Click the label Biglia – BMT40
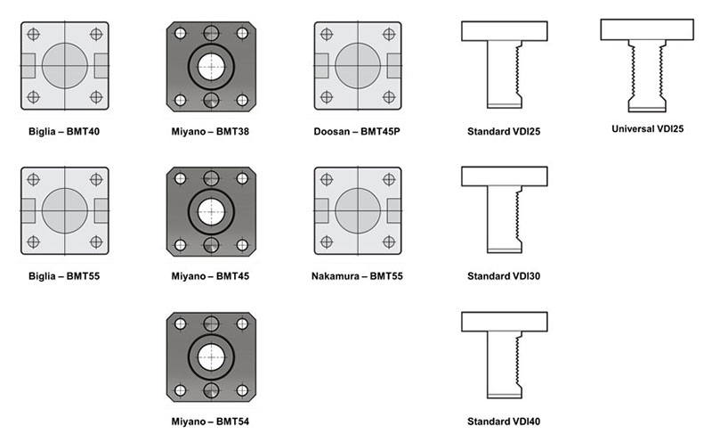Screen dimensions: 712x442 coord(64,131)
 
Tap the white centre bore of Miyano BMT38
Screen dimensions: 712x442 coord(211,67)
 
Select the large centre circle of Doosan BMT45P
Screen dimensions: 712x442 coord(358,65)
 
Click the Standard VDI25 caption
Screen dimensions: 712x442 coord(504,131)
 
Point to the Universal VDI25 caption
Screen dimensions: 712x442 coord(648,128)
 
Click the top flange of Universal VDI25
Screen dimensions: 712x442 coord(647,29)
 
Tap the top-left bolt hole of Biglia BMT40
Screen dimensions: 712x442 coord(33,34)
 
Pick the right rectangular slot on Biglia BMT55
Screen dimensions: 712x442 coord(101,210)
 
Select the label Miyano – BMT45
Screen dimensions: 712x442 coord(210,276)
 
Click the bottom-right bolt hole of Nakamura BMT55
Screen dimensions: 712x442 coord(389,241)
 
